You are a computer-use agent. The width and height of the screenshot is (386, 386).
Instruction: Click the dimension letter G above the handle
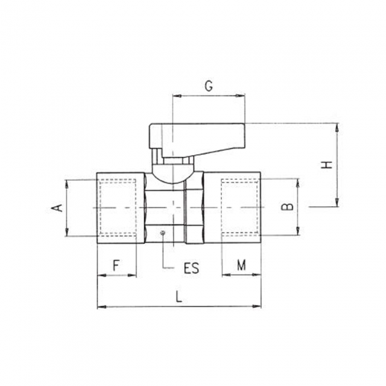208,86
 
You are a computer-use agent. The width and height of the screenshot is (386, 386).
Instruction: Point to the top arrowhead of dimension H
336,127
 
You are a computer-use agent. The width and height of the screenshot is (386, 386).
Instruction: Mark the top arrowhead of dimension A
68,183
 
